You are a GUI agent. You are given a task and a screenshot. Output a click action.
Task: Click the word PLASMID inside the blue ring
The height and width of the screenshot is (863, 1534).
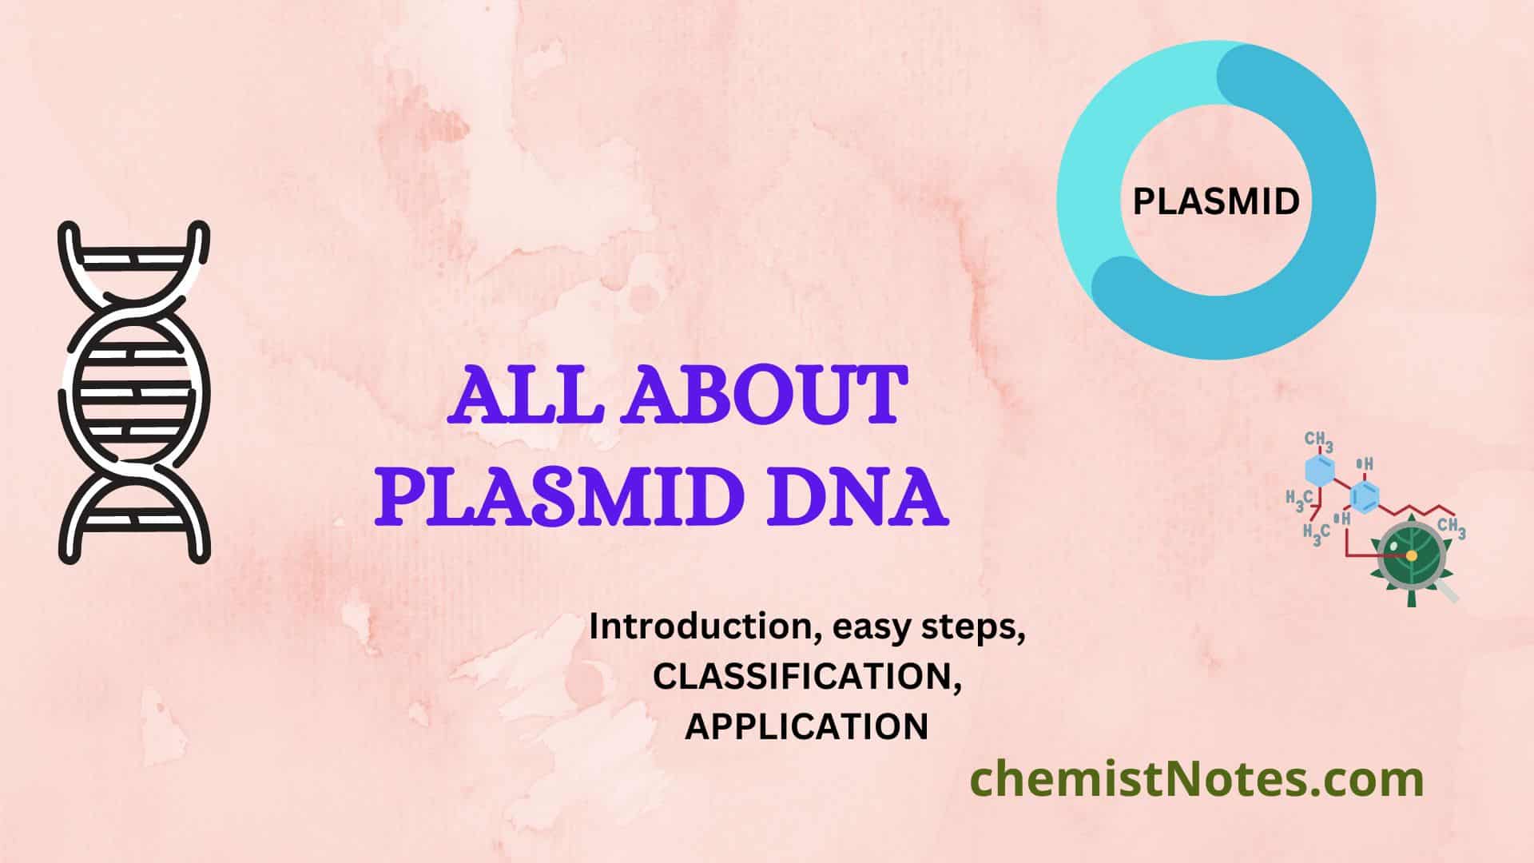pyautogui.click(x=1216, y=201)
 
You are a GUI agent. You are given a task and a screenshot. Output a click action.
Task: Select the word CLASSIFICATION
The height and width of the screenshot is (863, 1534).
pyautogui.click(x=807, y=677)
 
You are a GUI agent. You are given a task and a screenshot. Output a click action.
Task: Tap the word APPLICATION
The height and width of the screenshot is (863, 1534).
pyautogui.click(x=807, y=726)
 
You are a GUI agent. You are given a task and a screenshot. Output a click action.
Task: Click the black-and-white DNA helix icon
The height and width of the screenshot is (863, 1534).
pyautogui.click(x=134, y=392)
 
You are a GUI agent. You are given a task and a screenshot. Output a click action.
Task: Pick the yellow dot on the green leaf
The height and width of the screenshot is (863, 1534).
pyautogui.click(x=1412, y=555)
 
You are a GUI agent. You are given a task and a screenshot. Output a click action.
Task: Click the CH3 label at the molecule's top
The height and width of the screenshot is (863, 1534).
pyautogui.click(x=1319, y=440)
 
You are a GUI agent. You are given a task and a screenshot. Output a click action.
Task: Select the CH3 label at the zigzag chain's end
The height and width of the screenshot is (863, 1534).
pyautogui.click(x=1452, y=528)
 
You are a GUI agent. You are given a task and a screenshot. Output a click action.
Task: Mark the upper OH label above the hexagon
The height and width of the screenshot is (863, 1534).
pyautogui.click(x=1365, y=464)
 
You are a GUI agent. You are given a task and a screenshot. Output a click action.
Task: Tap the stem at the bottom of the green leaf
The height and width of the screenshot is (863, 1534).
pyautogui.click(x=1412, y=596)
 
